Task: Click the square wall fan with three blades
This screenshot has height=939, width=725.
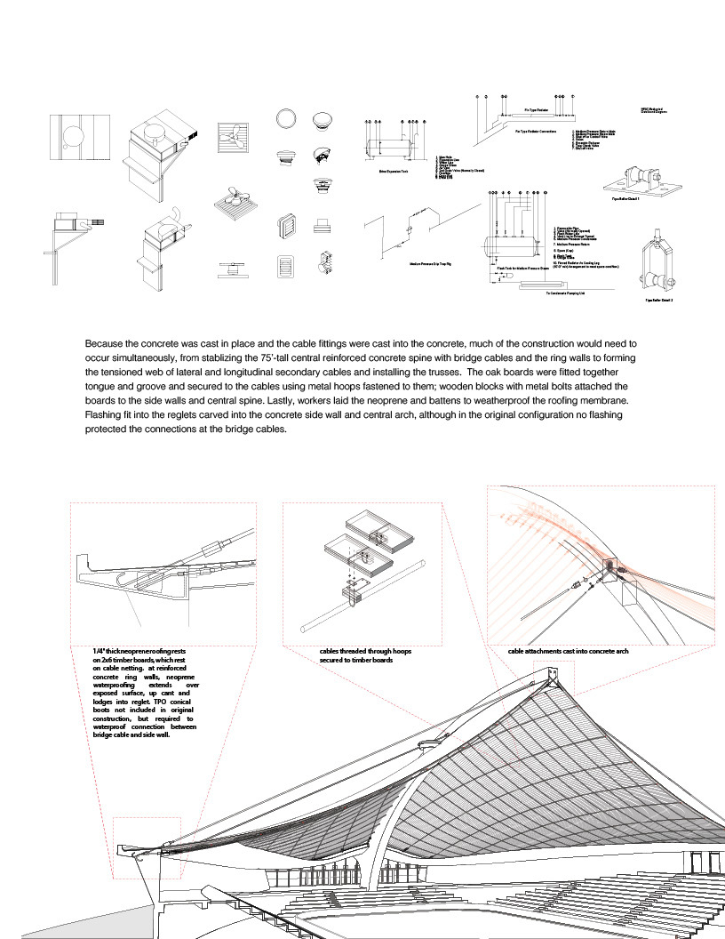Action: (x=233, y=140)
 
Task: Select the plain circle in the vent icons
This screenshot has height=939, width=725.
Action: (x=287, y=121)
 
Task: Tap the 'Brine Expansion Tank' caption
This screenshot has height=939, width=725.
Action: (x=392, y=171)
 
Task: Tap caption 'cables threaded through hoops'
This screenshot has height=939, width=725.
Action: (x=366, y=652)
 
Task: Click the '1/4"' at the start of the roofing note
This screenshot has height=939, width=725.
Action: (x=100, y=652)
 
